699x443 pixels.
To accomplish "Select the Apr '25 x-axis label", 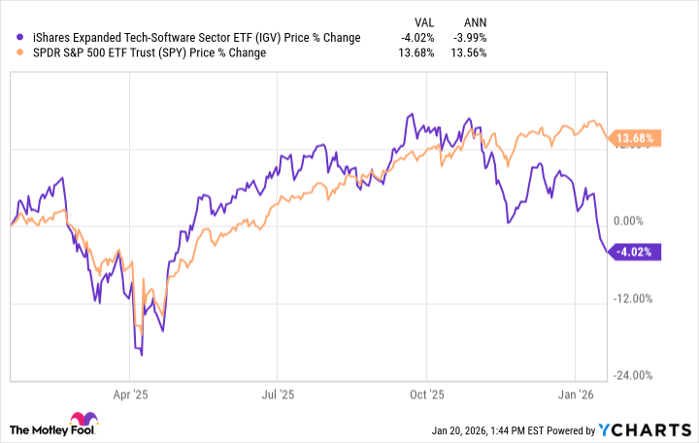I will (129, 395).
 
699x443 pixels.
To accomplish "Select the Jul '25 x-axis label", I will (278, 395).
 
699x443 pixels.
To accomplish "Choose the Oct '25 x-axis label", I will (427, 395).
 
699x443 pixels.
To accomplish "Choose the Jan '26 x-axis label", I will (576, 395).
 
